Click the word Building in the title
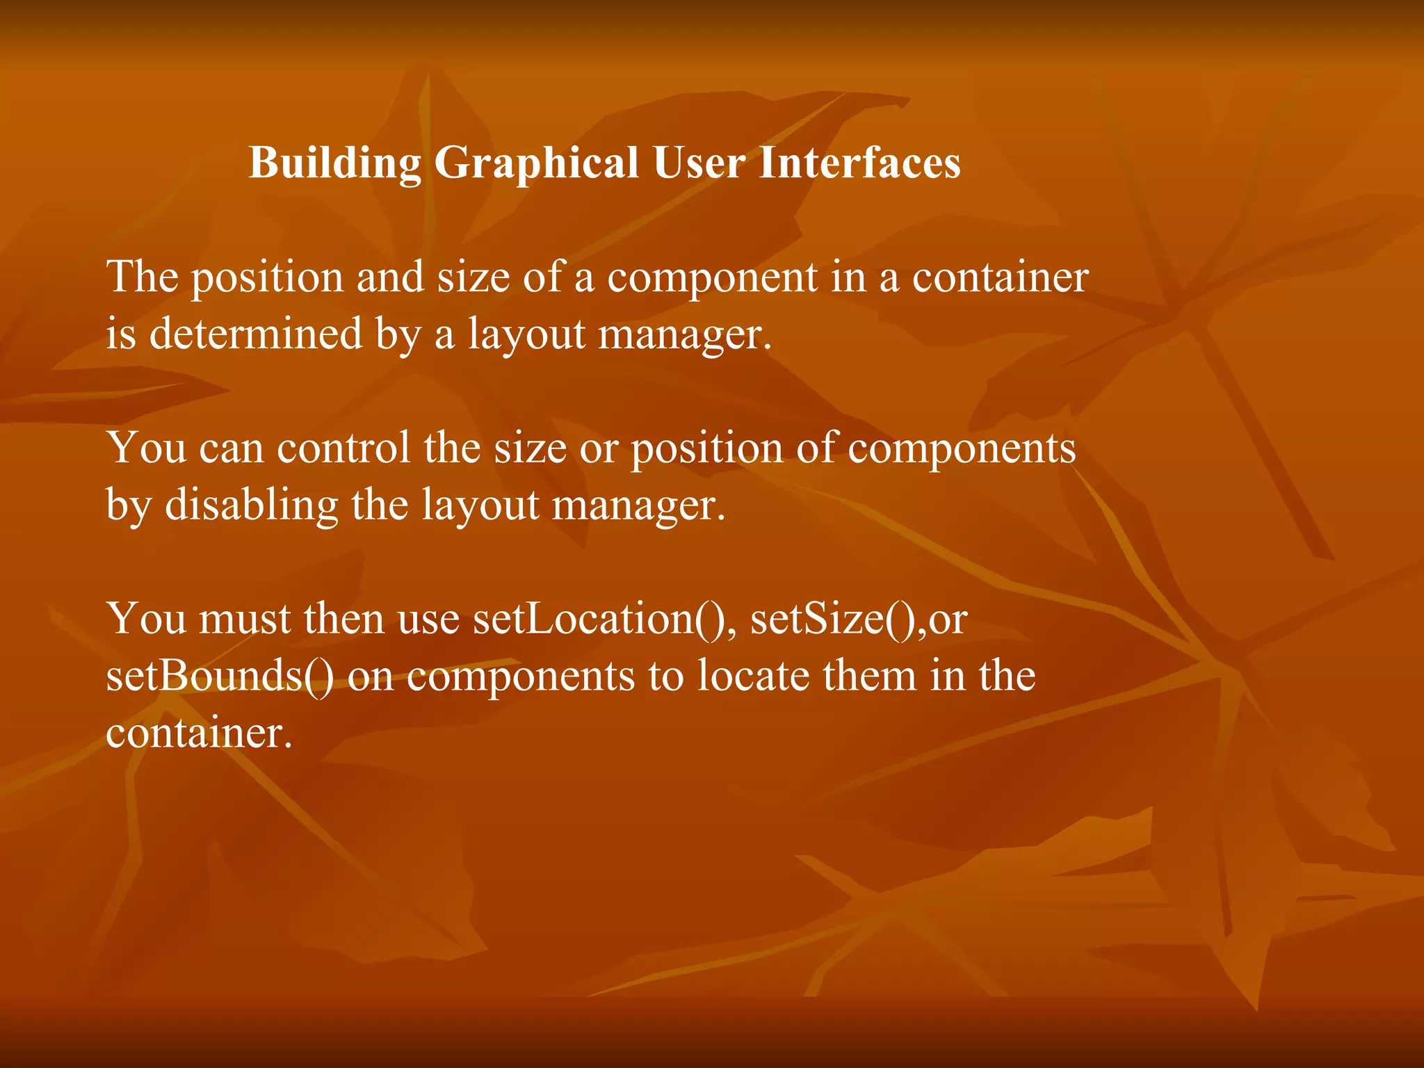(334, 163)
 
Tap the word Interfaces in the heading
(859, 163)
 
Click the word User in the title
(699, 163)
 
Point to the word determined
(256, 333)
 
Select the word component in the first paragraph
(712, 278)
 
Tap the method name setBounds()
(220, 675)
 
